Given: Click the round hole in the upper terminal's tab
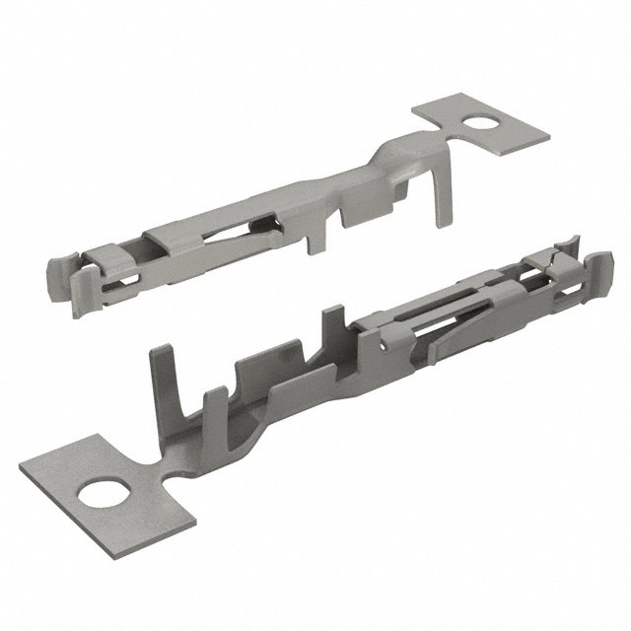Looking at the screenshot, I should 484,122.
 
